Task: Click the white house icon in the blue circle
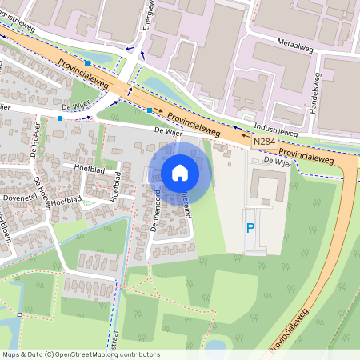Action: coord(180,173)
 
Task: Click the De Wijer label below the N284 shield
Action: coord(274,161)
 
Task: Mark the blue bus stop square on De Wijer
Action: coord(60,118)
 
